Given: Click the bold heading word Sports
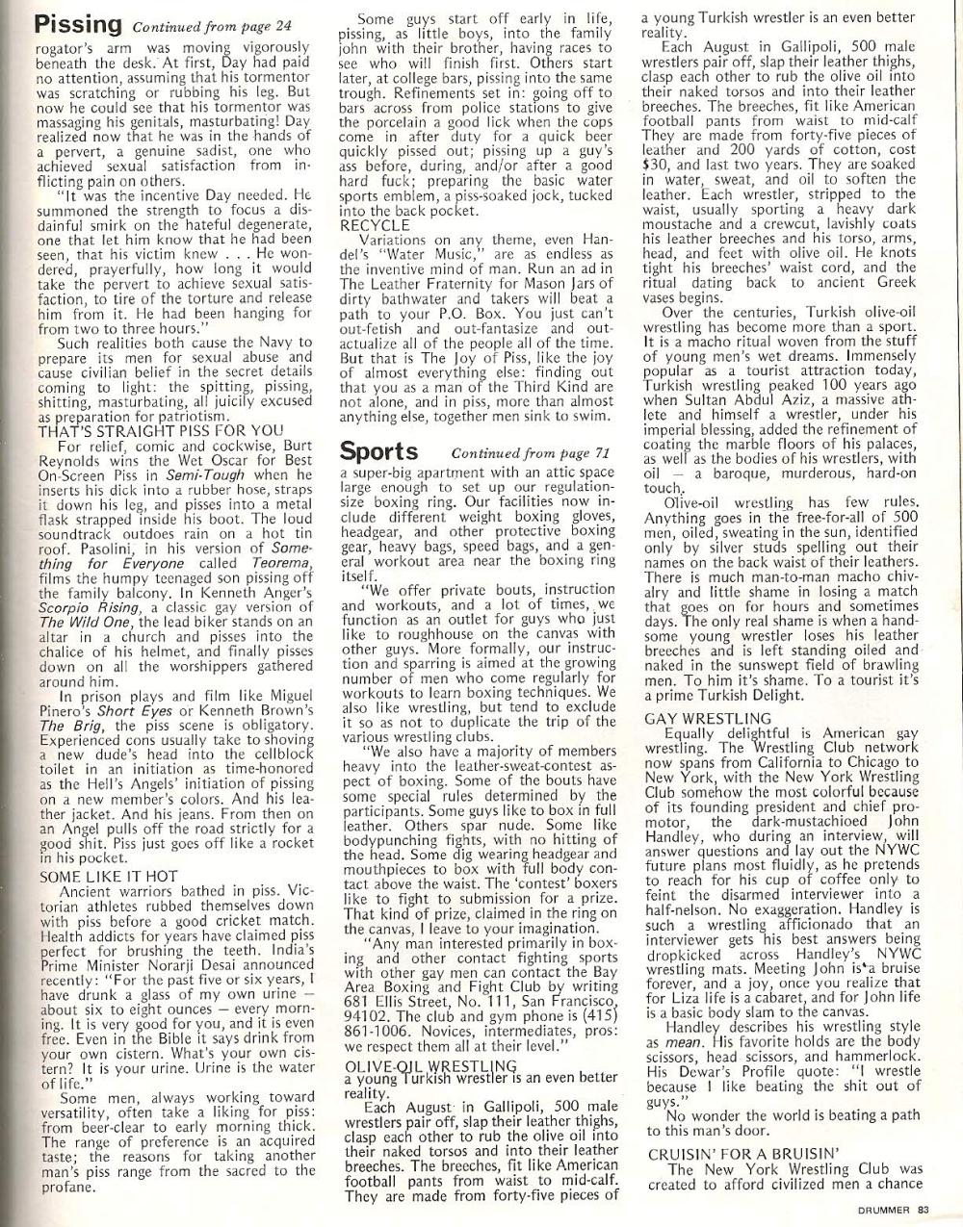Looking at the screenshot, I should [x=379, y=450].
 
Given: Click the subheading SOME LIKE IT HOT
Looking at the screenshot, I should [x=109, y=877].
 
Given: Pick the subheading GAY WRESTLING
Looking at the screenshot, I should [x=708, y=718].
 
